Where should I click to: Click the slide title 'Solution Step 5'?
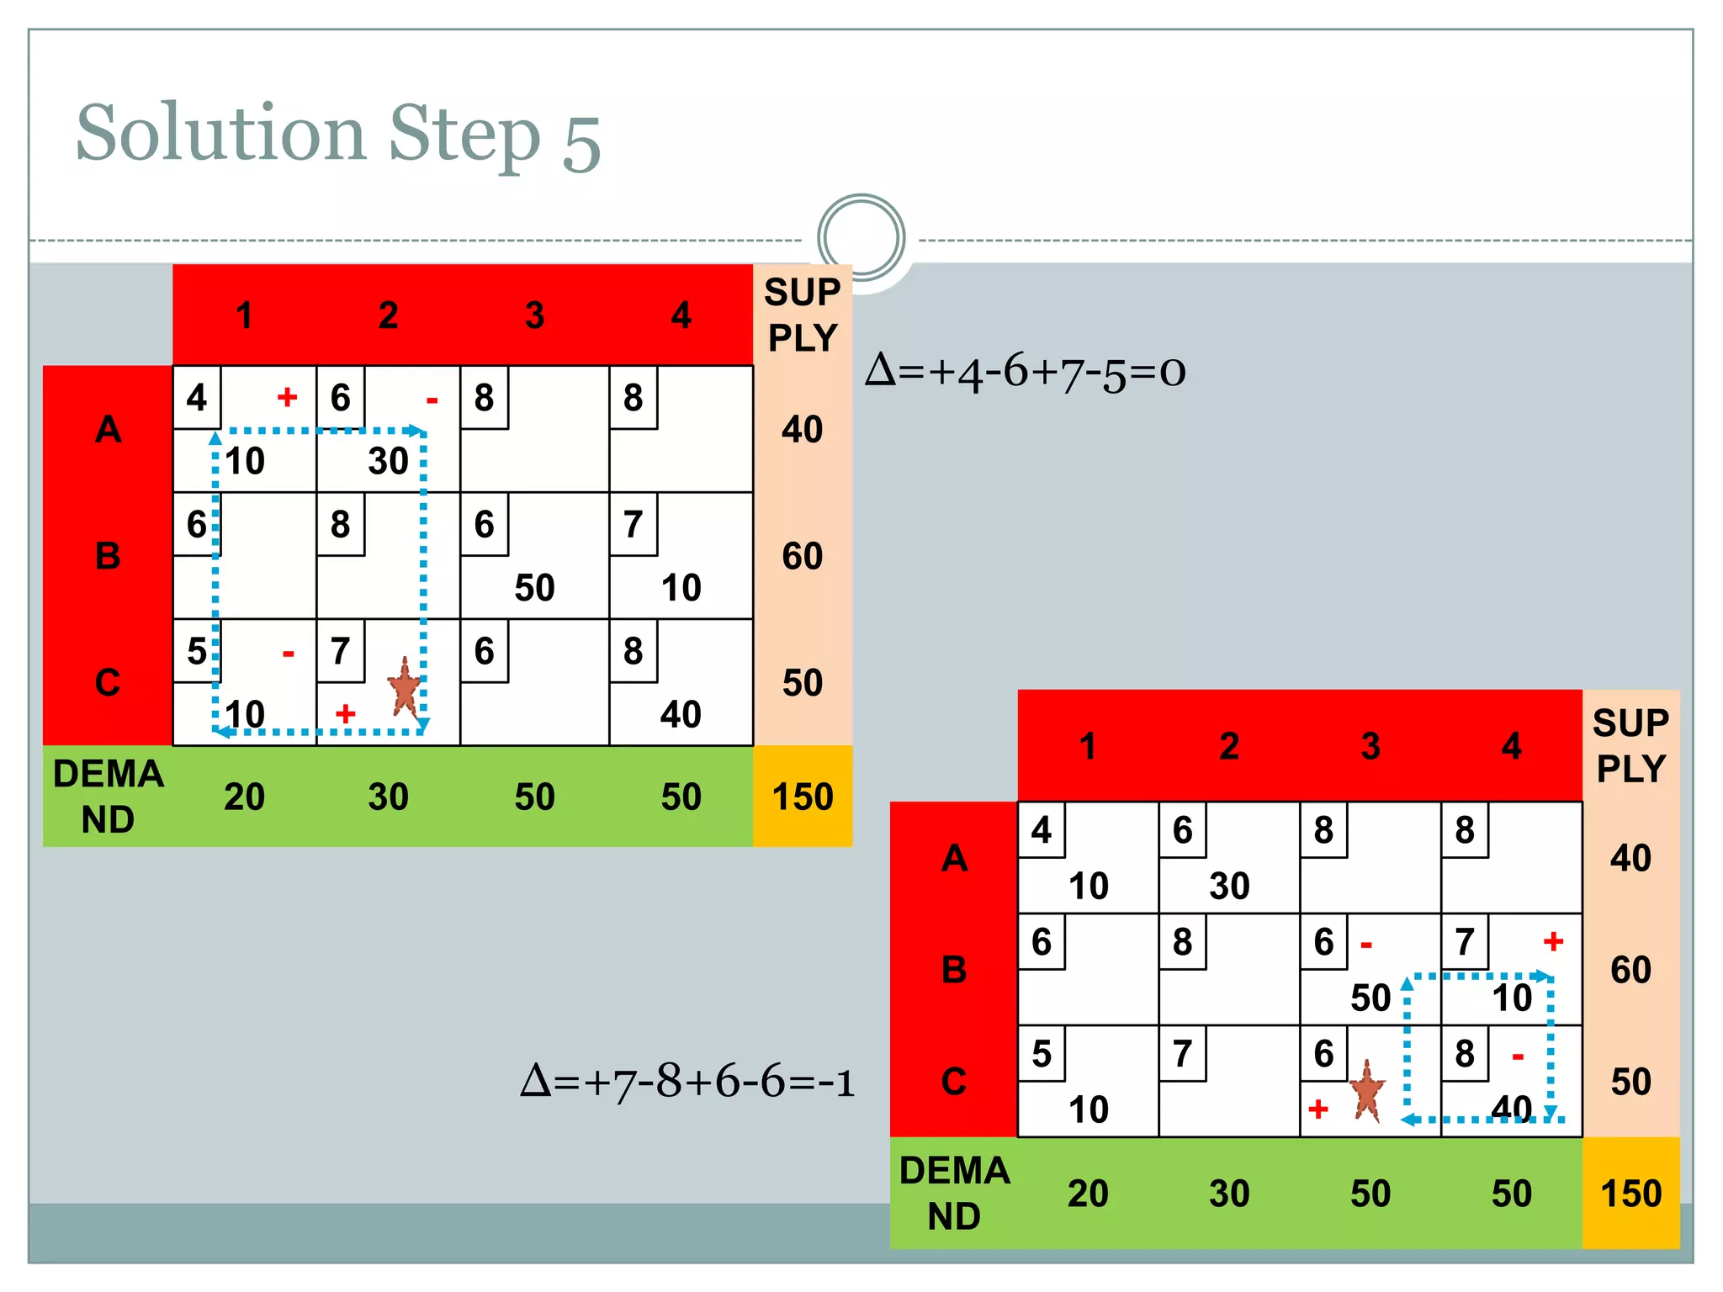(338, 135)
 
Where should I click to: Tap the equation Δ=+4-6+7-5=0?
(1025, 371)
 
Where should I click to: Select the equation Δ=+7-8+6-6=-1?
(687, 1081)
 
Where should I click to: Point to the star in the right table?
(1367, 1091)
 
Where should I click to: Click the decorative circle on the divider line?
(861, 237)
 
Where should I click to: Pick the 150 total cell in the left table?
(803, 797)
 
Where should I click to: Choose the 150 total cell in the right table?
(1630, 1194)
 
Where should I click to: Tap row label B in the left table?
(108, 556)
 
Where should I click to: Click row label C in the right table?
(954, 1082)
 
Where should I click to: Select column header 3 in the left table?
(534, 315)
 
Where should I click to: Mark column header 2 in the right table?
(1229, 746)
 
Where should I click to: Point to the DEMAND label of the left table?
(108, 797)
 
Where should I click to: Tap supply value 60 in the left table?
(803, 556)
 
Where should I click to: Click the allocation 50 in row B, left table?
(534, 587)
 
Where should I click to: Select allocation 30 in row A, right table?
(1229, 886)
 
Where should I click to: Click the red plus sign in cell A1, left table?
(287, 397)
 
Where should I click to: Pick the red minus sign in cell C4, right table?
(1518, 1056)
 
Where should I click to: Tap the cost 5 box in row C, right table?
(1042, 1054)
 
